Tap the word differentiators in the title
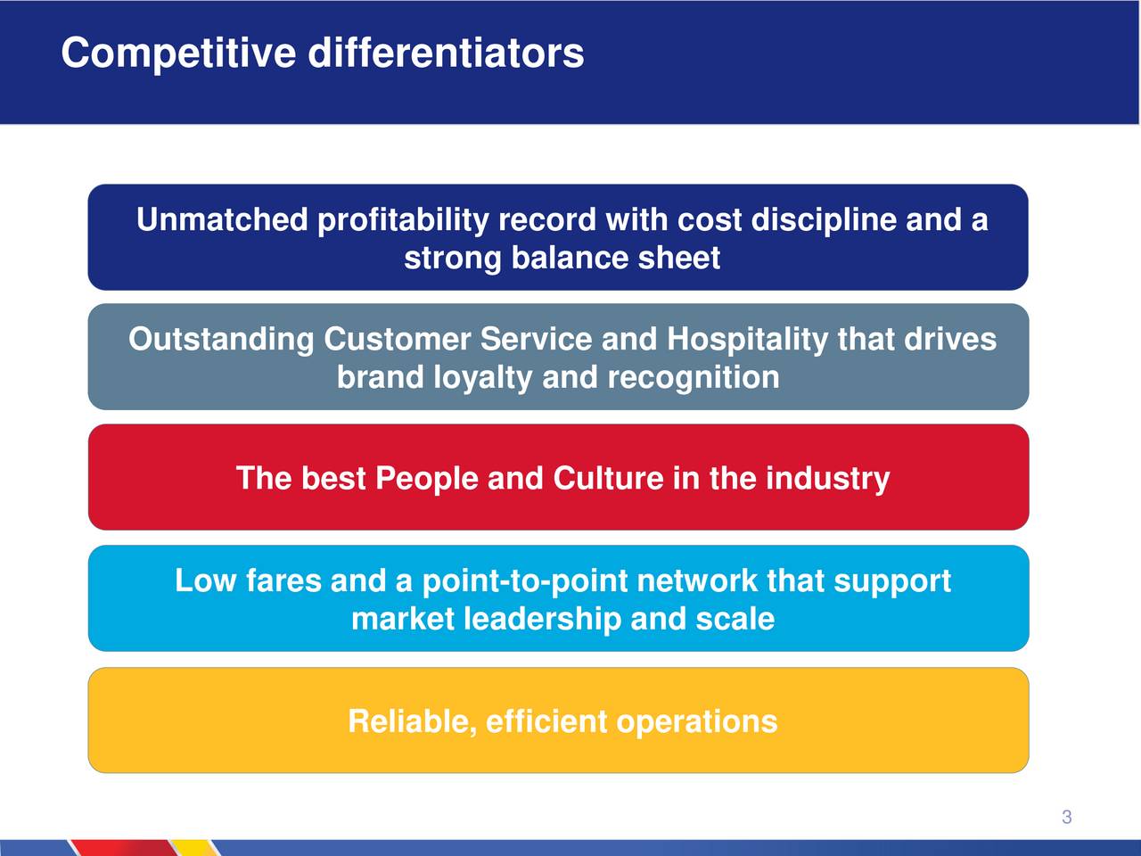click(x=446, y=53)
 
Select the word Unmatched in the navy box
click(x=223, y=218)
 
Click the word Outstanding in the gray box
click(x=221, y=340)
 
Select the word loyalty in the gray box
click(x=482, y=378)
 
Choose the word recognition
click(x=694, y=378)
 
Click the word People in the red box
click(x=426, y=478)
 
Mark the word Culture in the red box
click(x=608, y=478)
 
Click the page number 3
click(x=1067, y=817)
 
